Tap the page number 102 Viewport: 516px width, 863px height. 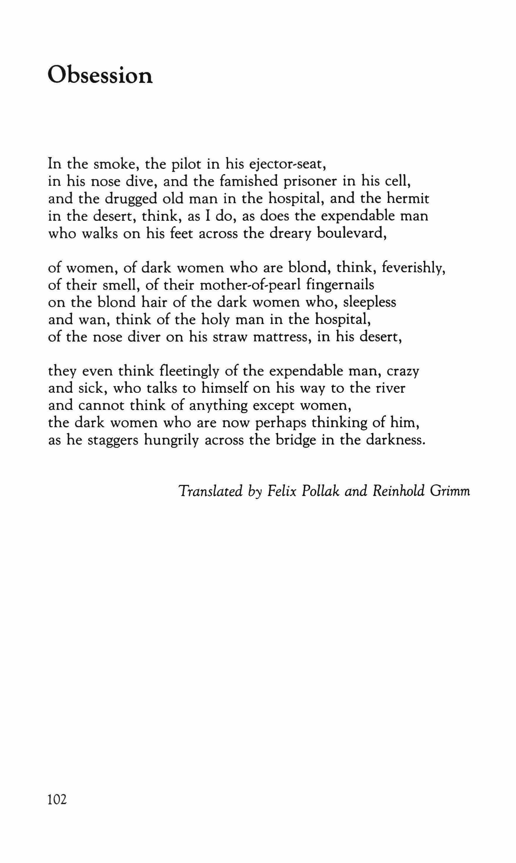57,790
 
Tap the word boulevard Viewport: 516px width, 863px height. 352,233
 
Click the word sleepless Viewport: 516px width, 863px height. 370,303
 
